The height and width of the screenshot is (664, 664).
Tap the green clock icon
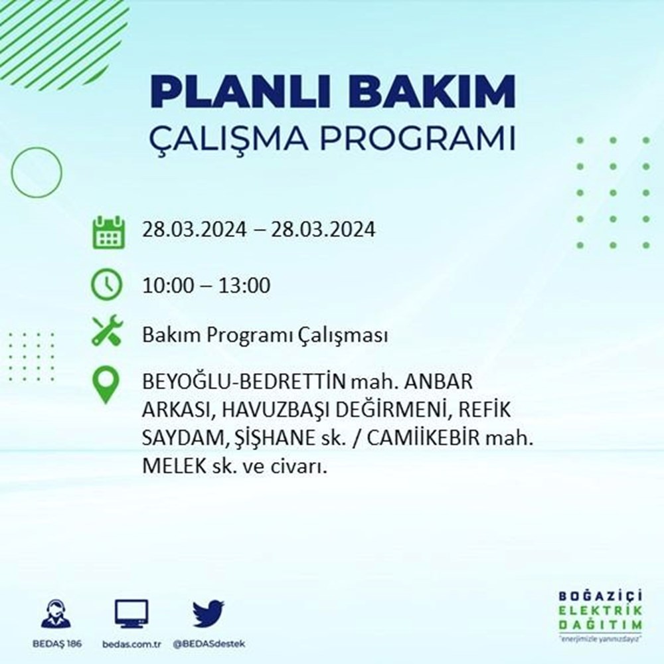107,286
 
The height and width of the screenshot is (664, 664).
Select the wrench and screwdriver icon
107,330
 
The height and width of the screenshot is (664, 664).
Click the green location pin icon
106,387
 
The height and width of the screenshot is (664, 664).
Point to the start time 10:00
168,286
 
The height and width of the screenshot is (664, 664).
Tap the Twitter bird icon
208,614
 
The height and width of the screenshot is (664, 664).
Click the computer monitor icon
131,615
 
